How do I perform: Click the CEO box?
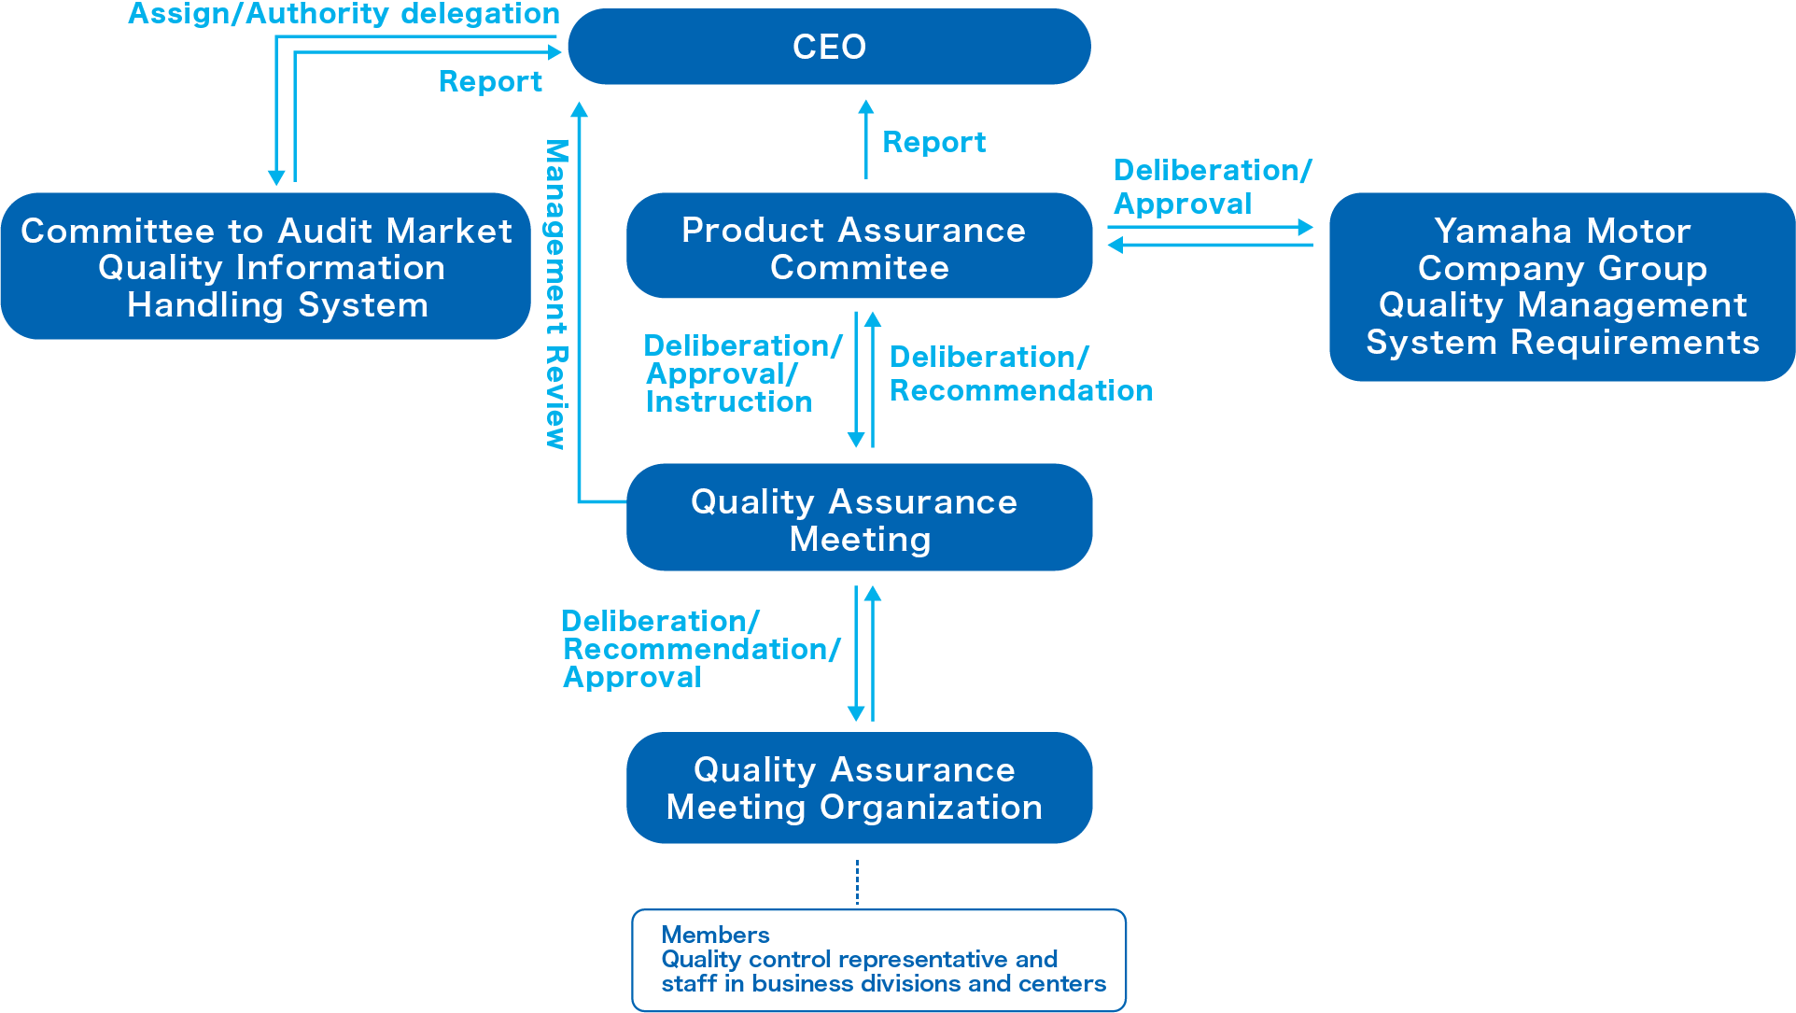(829, 47)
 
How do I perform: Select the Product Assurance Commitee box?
(859, 246)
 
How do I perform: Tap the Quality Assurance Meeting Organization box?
(859, 788)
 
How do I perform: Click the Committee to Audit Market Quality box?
(266, 267)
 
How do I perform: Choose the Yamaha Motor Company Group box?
(1562, 287)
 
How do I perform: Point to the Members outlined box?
(878, 960)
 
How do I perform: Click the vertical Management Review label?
(556, 294)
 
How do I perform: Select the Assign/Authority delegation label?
(344, 14)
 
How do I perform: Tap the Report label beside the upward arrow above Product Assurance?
(933, 142)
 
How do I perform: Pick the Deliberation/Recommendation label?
(1020, 373)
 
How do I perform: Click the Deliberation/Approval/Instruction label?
(742, 373)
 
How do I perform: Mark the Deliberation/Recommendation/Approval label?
(700, 649)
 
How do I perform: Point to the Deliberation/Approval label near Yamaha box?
(1212, 187)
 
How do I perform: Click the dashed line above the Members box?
(857, 882)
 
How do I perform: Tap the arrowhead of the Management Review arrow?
(580, 110)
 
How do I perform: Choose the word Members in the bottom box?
(715, 935)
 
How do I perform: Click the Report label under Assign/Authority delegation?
(490, 82)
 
